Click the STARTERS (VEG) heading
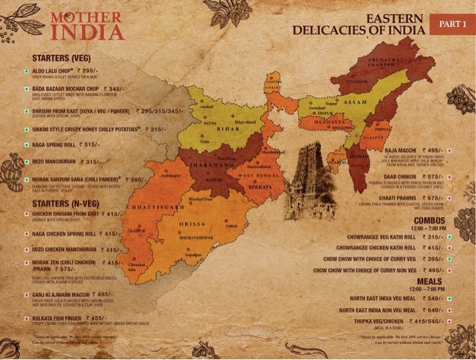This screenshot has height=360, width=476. [x=64, y=57]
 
